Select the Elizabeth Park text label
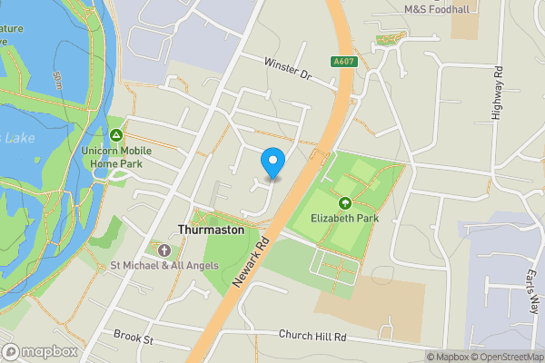click(x=345, y=218)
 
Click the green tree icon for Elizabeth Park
click(x=345, y=202)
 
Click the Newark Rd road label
click(x=252, y=260)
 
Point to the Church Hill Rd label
click(x=312, y=335)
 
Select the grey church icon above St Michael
click(x=163, y=250)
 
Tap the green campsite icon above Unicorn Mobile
click(x=115, y=134)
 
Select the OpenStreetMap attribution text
click(x=506, y=357)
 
